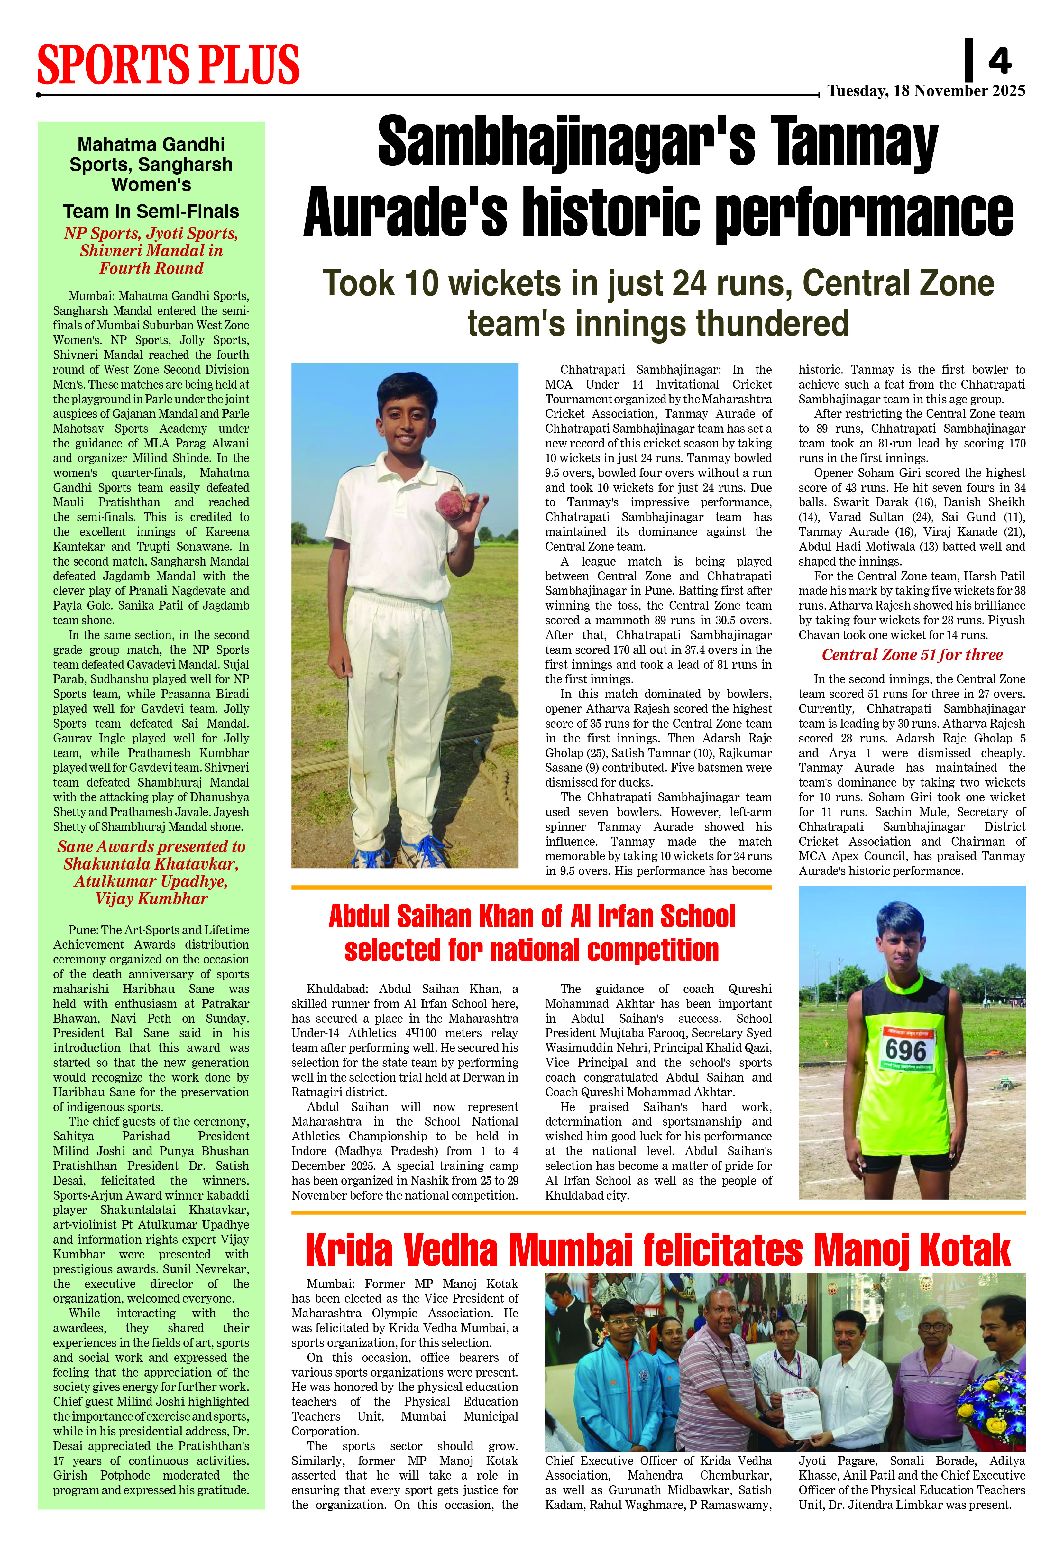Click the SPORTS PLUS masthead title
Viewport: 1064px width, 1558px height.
[168, 65]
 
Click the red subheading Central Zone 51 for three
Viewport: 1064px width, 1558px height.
[912, 655]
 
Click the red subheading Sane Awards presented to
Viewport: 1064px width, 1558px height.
[151, 847]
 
